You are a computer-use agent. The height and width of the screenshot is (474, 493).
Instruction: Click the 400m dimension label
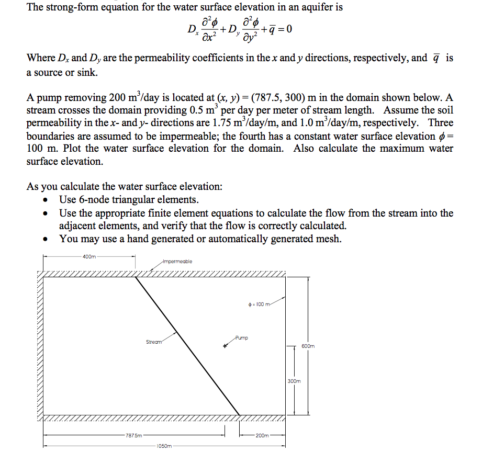click(x=89, y=256)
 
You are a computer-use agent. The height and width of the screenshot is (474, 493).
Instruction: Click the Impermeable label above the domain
click(x=178, y=261)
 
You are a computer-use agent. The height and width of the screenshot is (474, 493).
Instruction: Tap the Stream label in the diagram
click(x=154, y=342)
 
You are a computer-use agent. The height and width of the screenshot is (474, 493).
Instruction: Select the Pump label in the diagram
click(x=242, y=337)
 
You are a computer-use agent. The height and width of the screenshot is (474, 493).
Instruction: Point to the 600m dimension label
click(x=308, y=346)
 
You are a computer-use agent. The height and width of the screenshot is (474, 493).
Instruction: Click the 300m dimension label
click(x=294, y=381)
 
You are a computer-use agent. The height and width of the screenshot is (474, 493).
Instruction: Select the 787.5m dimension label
click(x=133, y=435)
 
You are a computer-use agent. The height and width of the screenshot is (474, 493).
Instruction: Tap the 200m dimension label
click(x=262, y=435)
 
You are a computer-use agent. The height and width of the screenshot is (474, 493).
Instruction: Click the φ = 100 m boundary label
click(x=259, y=304)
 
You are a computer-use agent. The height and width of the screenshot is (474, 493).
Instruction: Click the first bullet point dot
click(x=48, y=200)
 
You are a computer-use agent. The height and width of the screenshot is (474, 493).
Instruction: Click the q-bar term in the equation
click(x=270, y=29)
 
